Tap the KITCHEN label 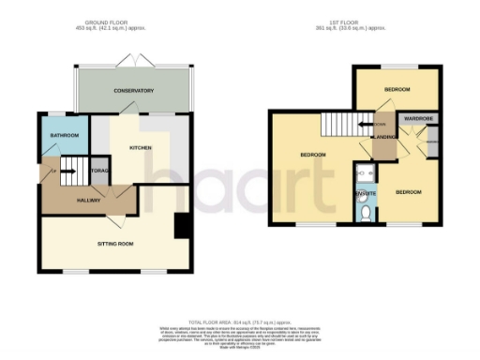[x=141, y=147]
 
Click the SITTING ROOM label [x=116, y=243]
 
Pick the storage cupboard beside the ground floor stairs [x=100, y=172]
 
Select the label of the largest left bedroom [x=312, y=154]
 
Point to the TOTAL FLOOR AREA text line [x=240, y=322]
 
